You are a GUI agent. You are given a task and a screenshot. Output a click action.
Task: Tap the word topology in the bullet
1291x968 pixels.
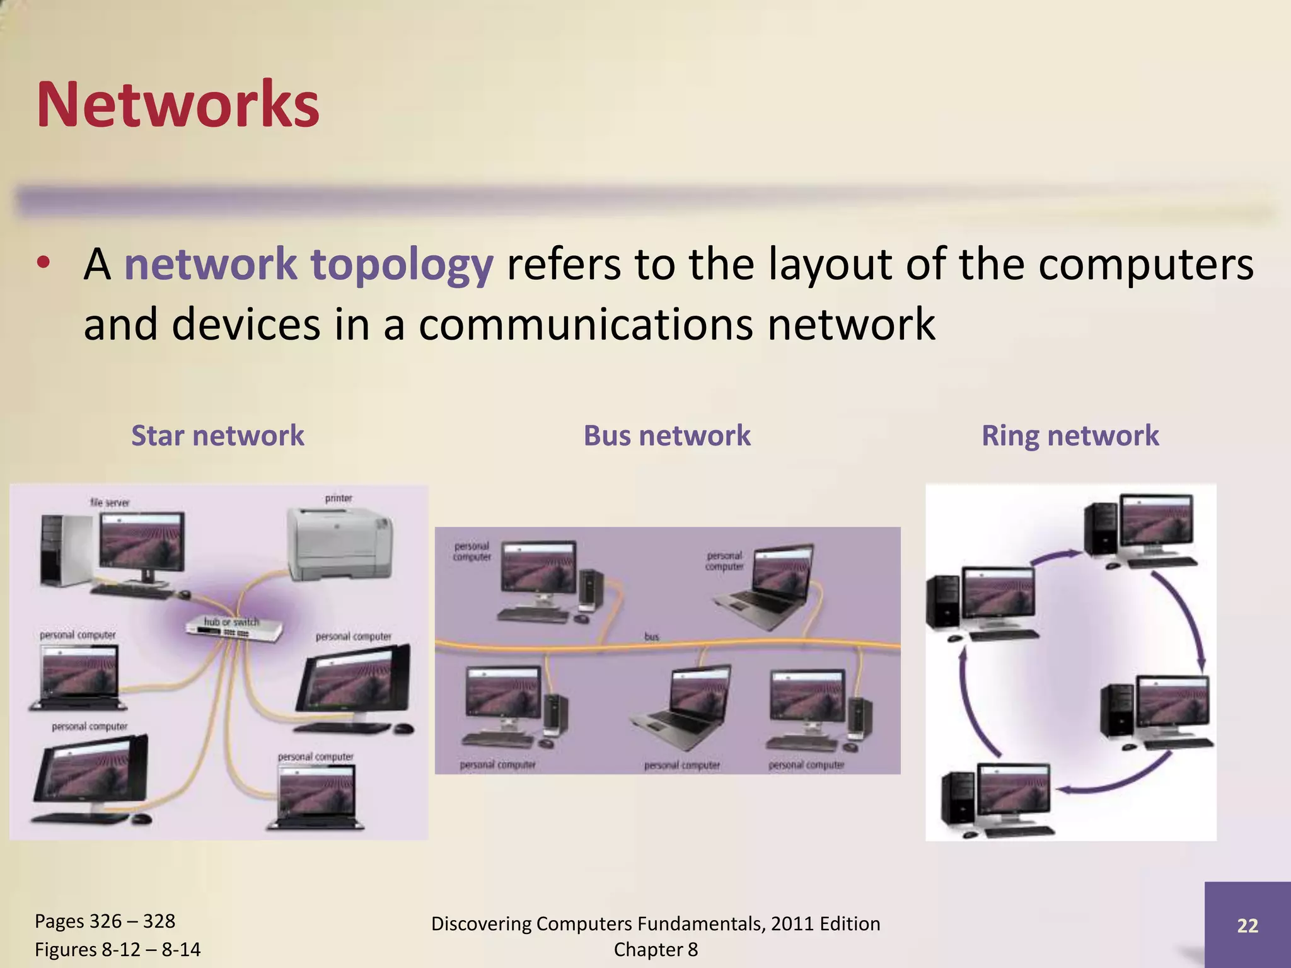tap(402, 264)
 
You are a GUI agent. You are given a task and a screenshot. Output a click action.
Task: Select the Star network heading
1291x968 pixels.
tap(217, 435)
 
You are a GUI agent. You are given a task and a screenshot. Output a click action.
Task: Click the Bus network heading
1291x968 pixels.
tap(667, 435)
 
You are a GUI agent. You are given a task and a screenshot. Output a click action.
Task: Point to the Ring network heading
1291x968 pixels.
tap(1070, 435)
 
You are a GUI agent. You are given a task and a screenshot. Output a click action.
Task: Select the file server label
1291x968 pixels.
tap(110, 502)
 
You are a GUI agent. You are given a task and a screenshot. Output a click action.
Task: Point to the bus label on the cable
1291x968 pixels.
tap(652, 637)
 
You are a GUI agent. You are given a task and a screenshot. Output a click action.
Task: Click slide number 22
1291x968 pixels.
tap(1248, 925)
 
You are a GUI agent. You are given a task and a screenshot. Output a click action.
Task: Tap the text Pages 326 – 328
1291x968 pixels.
tap(105, 921)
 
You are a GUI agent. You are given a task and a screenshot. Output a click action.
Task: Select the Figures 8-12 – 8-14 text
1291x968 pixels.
tap(117, 949)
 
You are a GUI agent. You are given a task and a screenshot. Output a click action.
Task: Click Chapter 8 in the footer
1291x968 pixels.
tap(656, 949)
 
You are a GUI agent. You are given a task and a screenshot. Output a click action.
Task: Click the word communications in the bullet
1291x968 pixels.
tap(586, 324)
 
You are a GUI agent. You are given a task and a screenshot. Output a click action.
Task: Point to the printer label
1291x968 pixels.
tap(339, 498)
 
